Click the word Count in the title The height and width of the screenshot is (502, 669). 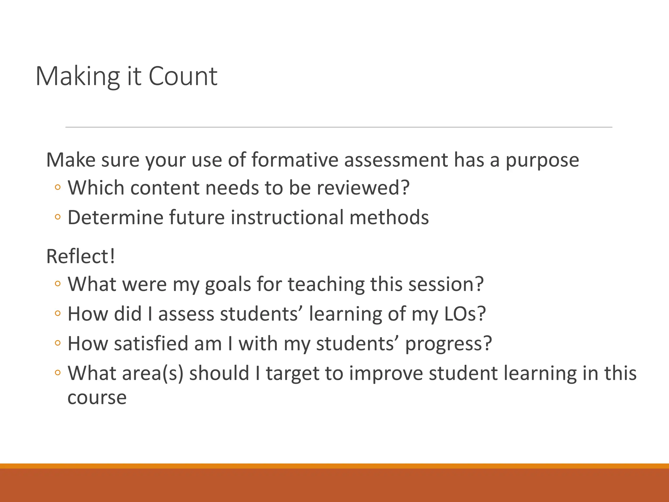click(x=183, y=76)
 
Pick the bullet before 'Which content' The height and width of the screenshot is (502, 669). click(x=58, y=188)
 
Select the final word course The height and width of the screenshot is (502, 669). click(x=97, y=398)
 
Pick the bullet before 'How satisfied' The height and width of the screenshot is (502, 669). click(x=58, y=343)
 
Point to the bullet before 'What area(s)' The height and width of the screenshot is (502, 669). click(x=58, y=373)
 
